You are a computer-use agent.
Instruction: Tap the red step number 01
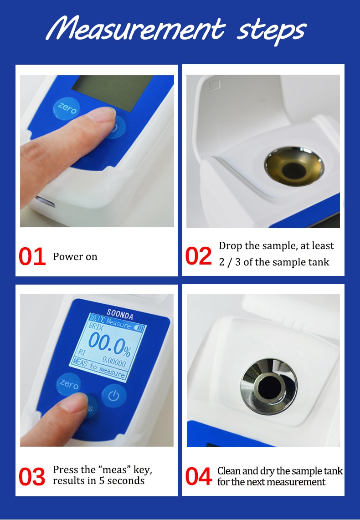[x=32, y=257]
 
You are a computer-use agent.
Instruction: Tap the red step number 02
[x=199, y=256]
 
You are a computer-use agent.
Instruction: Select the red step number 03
[x=32, y=476]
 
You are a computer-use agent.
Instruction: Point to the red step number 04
[x=199, y=476]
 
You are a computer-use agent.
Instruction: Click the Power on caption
[x=75, y=257]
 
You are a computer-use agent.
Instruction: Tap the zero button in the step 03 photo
[x=69, y=384]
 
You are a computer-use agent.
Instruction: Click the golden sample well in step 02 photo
[x=294, y=167]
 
